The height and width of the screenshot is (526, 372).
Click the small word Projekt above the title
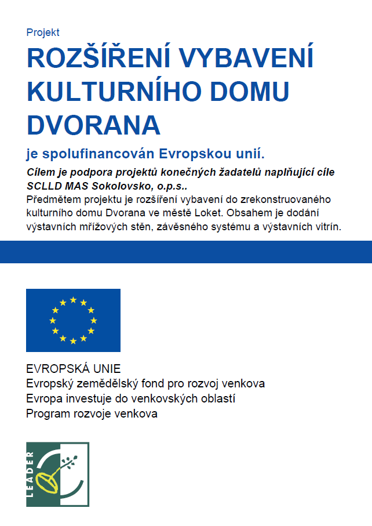(x=43, y=33)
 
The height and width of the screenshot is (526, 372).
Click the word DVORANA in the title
(x=93, y=124)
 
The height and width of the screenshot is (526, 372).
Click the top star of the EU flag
(x=73, y=300)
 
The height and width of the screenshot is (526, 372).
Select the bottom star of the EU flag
(x=73, y=341)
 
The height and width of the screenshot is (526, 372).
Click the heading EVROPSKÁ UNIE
(x=73, y=369)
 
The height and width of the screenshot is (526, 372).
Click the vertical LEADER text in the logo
(x=31, y=473)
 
